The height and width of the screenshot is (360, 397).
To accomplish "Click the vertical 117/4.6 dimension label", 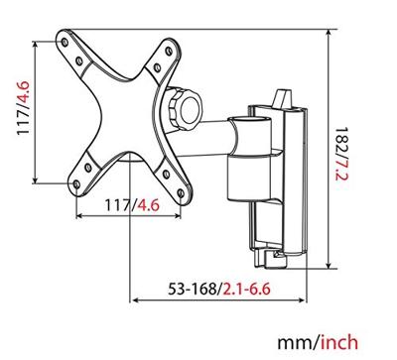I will click(x=20, y=111).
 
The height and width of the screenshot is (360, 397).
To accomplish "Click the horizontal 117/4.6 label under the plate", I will click(x=131, y=207).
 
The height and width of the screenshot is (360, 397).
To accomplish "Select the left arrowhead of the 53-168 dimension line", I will click(x=135, y=301).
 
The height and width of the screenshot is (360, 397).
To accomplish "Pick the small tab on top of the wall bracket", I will click(x=280, y=95).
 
